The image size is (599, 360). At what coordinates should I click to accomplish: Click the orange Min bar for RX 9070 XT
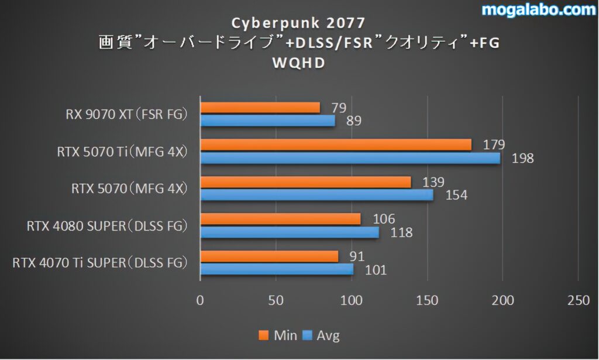pos(260,108)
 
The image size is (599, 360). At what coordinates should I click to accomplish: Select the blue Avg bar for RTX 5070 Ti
pos(350,158)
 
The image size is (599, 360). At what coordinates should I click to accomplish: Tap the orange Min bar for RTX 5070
pos(305,182)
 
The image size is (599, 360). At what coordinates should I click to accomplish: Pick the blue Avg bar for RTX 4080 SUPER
pos(290,232)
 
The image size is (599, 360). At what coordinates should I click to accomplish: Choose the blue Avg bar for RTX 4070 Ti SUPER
pos(277,269)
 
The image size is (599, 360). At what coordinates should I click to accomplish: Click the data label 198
pos(522,158)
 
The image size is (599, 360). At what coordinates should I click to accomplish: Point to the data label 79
pos(339,108)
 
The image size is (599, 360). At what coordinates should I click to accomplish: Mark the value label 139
pos(432,182)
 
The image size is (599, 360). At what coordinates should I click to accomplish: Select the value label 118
pos(401,232)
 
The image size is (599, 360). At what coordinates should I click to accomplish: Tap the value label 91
pos(357,256)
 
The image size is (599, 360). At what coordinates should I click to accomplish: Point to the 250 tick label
pos(579,301)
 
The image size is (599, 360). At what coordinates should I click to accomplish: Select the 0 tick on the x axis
pos(201,301)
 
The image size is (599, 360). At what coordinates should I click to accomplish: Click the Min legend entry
pos(278,335)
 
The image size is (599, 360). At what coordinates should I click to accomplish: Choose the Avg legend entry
pos(321,335)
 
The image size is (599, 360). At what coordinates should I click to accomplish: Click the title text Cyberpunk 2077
pos(299,23)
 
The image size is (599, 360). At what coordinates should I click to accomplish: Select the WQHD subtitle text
pos(299,63)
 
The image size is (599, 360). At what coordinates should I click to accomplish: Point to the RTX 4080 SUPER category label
pos(107,225)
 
